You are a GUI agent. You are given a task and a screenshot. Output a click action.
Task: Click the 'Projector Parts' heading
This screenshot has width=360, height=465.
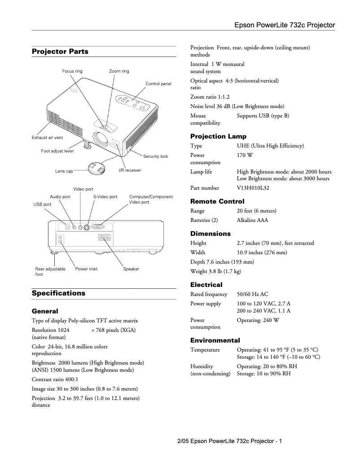[x=60, y=52]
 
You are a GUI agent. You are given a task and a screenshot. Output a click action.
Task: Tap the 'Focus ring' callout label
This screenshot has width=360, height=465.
[x=72, y=71]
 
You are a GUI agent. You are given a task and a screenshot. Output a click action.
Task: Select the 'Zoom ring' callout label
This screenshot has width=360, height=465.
[x=119, y=71]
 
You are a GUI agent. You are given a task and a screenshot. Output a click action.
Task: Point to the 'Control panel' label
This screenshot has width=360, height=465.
[x=158, y=84]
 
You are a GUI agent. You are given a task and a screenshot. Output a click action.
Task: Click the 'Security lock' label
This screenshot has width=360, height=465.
[x=155, y=156]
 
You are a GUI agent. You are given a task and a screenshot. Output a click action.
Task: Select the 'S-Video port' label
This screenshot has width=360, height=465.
[x=105, y=197]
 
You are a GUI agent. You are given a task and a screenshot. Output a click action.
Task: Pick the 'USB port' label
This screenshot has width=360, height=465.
[x=43, y=204]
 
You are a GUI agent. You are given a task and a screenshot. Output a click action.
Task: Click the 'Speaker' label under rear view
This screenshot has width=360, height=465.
[x=131, y=269]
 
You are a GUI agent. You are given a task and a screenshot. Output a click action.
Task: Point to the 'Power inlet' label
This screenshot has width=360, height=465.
[x=86, y=269]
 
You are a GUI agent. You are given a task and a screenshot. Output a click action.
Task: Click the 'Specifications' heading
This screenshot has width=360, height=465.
[x=58, y=293]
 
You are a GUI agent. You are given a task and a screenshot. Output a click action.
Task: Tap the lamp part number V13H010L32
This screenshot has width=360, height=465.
[x=253, y=188]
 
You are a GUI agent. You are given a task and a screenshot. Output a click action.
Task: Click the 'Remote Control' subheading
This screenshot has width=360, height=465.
[x=217, y=201]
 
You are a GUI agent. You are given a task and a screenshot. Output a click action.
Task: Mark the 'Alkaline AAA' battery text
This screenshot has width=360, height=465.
[x=252, y=220]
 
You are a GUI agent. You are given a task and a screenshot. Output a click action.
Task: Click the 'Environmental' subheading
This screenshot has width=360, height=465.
[x=215, y=340]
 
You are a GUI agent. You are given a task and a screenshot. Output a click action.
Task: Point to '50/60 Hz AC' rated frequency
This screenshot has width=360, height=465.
[x=252, y=294]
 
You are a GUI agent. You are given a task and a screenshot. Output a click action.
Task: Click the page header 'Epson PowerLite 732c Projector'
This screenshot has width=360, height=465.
[x=285, y=25]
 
